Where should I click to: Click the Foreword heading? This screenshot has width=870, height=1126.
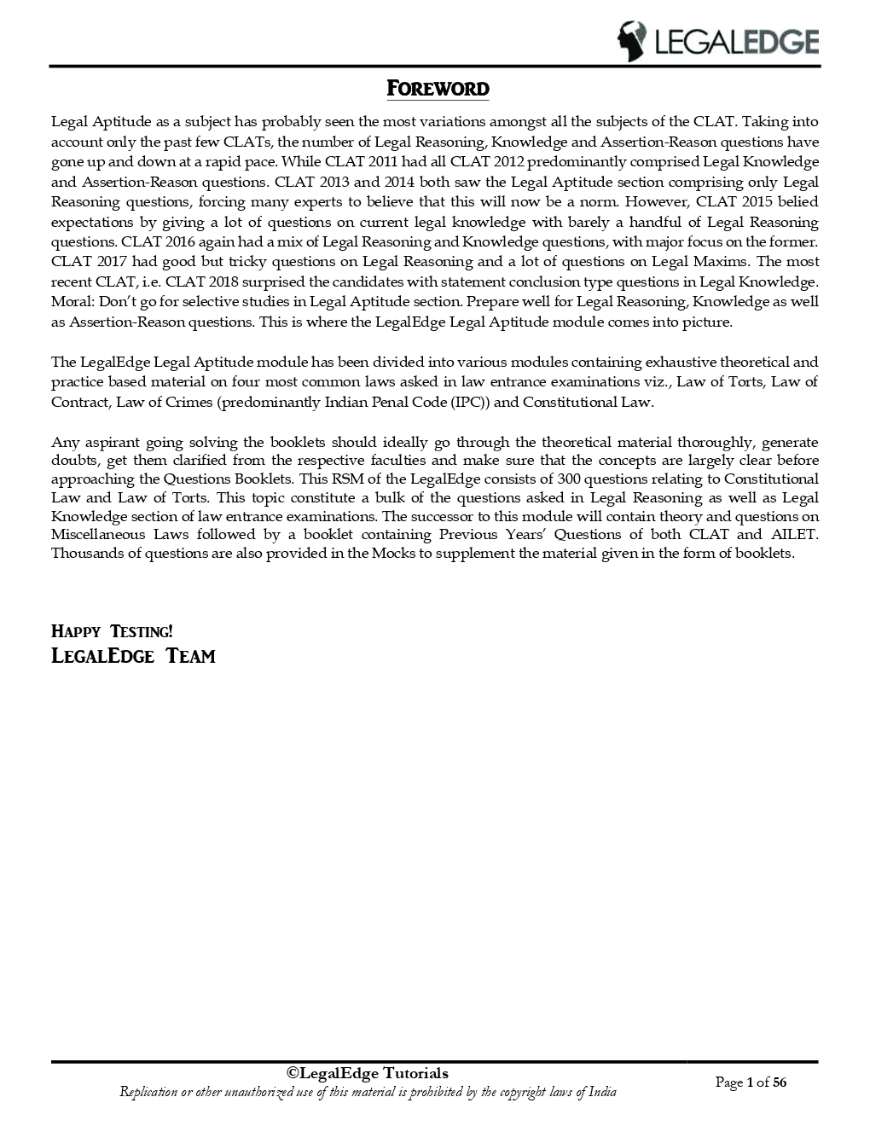[438, 89]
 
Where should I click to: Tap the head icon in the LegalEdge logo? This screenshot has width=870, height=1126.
[632, 41]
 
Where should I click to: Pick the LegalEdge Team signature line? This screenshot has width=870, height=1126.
[133, 656]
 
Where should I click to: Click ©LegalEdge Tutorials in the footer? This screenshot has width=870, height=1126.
[367, 1073]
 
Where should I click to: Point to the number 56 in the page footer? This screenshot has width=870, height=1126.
[779, 1082]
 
